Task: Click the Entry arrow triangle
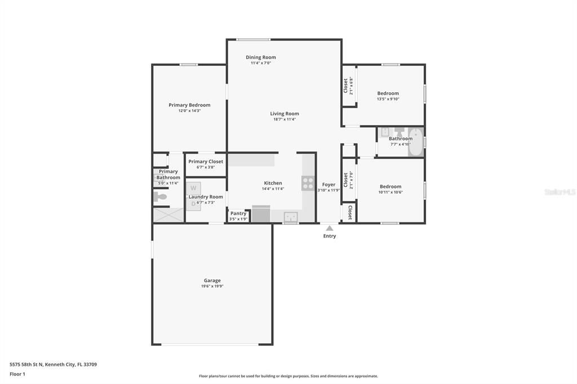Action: tap(330, 228)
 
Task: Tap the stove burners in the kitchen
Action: tap(308, 183)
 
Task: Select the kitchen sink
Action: tap(291, 216)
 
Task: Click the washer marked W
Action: tap(193, 188)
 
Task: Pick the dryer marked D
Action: tap(193, 203)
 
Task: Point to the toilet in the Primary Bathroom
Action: tap(160, 197)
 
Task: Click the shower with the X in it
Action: tap(168, 215)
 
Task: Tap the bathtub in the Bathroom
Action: tap(416, 141)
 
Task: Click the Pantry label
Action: tap(238, 213)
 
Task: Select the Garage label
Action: tap(212, 280)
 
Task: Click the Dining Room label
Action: tap(261, 57)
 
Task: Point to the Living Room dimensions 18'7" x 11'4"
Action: tap(284, 119)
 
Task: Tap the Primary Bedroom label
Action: tap(189, 105)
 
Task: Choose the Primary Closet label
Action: tap(206, 162)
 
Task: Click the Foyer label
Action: tap(329, 185)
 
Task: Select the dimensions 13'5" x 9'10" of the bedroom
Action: tap(388, 99)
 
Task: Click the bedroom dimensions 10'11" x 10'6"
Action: tap(390, 192)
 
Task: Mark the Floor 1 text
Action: tap(17, 374)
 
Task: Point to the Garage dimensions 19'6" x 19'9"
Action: tap(212, 286)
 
